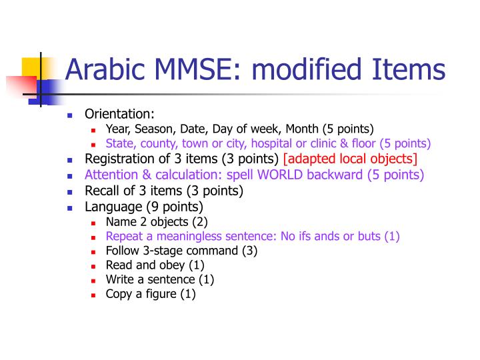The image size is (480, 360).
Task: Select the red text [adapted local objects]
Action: [x=350, y=159]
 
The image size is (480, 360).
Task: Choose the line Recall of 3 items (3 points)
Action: [x=163, y=191]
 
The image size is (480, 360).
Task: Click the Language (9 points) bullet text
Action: [x=143, y=207]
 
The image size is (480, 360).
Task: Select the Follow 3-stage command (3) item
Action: [x=181, y=251]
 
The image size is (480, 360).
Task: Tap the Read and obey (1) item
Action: [x=147, y=265]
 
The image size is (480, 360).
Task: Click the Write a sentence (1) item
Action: [x=159, y=279]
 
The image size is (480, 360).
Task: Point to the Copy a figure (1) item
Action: [x=151, y=294]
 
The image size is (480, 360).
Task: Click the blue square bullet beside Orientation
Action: [x=70, y=115]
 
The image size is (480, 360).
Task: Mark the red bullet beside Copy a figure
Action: [x=94, y=295]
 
